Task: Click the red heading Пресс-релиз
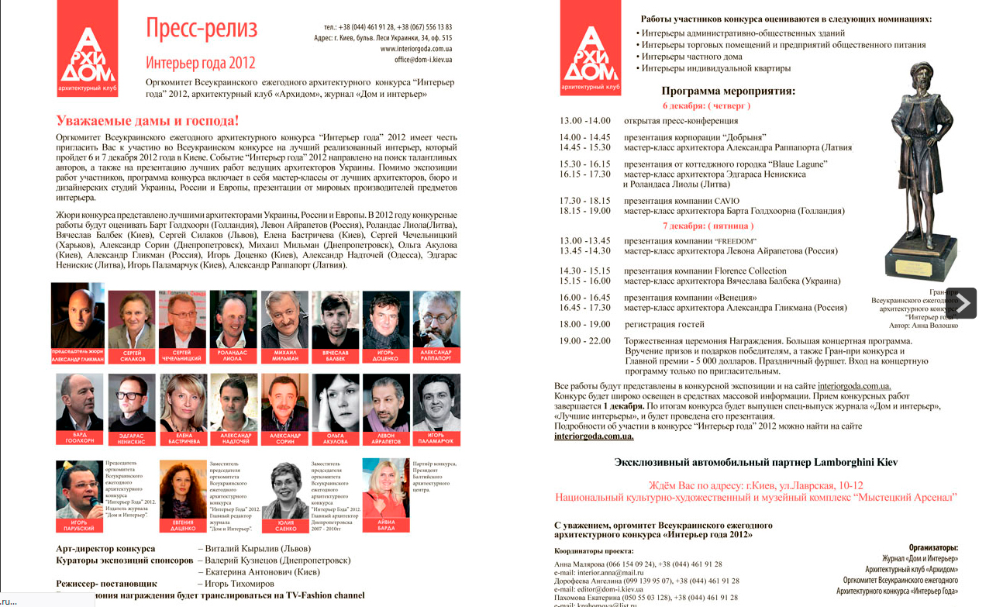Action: tap(202, 29)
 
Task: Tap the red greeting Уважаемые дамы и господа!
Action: tap(147, 120)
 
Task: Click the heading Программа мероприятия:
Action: tap(728, 91)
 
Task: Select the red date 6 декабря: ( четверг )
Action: tap(706, 105)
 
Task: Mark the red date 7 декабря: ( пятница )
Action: tap(708, 226)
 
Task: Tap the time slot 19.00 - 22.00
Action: tap(585, 340)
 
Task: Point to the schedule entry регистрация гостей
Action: tap(664, 324)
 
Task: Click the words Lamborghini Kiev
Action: tap(855, 462)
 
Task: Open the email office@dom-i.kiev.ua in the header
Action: tap(423, 59)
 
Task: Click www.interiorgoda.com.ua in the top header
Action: tap(415, 48)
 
